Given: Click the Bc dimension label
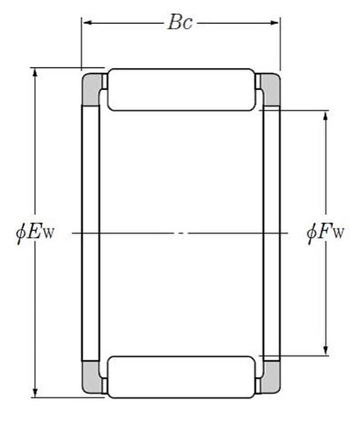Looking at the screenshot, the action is (x=180, y=22).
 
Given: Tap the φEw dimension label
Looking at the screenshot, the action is (x=35, y=233).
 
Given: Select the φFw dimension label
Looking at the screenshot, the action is (x=326, y=233).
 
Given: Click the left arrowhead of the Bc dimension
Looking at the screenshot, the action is (x=88, y=23).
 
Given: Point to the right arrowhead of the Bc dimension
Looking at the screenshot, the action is (x=274, y=23).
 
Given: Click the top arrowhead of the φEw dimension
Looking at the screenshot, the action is (x=35, y=74).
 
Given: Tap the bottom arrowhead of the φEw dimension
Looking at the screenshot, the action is (x=35, y=392).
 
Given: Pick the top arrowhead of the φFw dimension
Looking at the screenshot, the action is (x=326, y=116).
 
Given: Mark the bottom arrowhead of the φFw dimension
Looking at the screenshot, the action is (x=326, y=350).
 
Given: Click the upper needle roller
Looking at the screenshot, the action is (x=181, y=89).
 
